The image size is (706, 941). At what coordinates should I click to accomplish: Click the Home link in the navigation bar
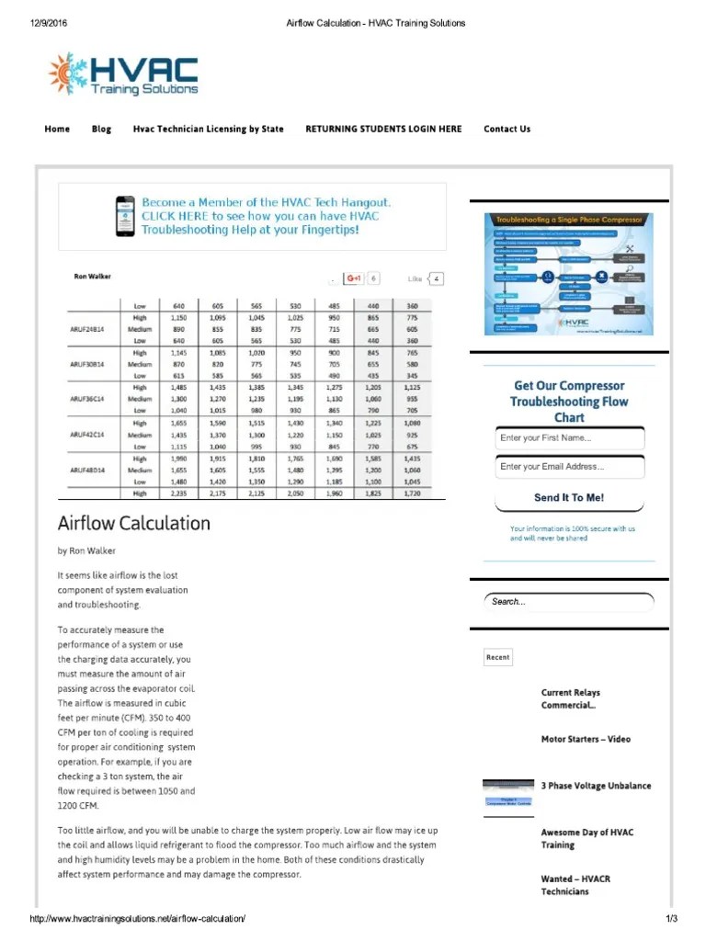click(x=57, y=129)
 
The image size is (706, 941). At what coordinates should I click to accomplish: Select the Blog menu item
click(x=101, y=129)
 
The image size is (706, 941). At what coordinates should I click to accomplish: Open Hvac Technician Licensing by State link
click(x=208, y=129)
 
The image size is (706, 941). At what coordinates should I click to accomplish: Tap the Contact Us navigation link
click(x=507, y=129)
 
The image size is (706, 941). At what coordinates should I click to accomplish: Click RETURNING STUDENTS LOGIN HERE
click(x=383, y=129)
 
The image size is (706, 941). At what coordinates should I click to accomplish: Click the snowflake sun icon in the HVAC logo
click(x=66, y=74)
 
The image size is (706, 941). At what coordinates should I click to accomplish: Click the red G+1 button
click(x=354, y=278)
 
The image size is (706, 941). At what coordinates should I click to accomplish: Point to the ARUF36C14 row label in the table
click(x=88, y=400)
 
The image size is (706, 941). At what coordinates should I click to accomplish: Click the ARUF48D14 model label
click(x=88, y=470)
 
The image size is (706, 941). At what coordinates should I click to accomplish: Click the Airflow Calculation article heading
click(x=133, y=524)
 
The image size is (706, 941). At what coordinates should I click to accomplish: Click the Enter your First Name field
click(x=569, y=438)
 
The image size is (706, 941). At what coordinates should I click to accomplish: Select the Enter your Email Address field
click(x=569, y=467)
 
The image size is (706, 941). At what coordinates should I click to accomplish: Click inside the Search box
click(x=568, y=602)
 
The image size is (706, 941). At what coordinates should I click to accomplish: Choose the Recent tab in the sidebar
click(x=497, y=657)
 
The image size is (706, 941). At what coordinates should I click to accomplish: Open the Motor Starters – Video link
click(x=586, y=739)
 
